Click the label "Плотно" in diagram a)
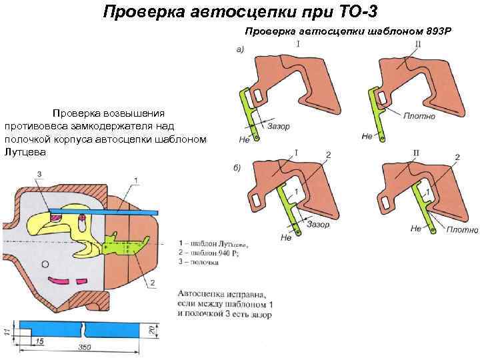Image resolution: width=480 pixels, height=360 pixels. pyautogui.click(x=419, y=115)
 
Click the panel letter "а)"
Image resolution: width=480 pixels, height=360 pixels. pyautogui.click(x=243, y=49)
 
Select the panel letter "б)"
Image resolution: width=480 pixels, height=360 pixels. pyautogui.click(x=237, y=167)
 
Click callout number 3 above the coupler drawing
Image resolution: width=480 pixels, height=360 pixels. pyautogui.click(x=39, y=175)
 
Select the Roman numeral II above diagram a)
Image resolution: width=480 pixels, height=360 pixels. pyautogui.click(x=417, y=45)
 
